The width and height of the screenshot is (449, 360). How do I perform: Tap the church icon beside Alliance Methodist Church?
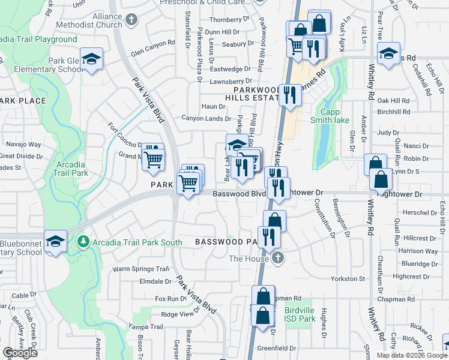click(132, 21)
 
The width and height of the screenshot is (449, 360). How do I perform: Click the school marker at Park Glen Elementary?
click(91, 59)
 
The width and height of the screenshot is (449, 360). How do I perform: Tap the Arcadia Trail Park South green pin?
click(83, 242)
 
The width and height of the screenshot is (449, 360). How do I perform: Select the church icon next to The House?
click(277, 259)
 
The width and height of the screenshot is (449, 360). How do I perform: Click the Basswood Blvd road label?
click(239, 194)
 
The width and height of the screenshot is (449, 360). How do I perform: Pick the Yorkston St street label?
click(348, 279)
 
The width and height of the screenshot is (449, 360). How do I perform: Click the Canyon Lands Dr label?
click(203, 118)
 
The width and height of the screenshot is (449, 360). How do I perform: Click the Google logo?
click(20, 353)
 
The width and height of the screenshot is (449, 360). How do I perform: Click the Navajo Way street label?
click(23, 145)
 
